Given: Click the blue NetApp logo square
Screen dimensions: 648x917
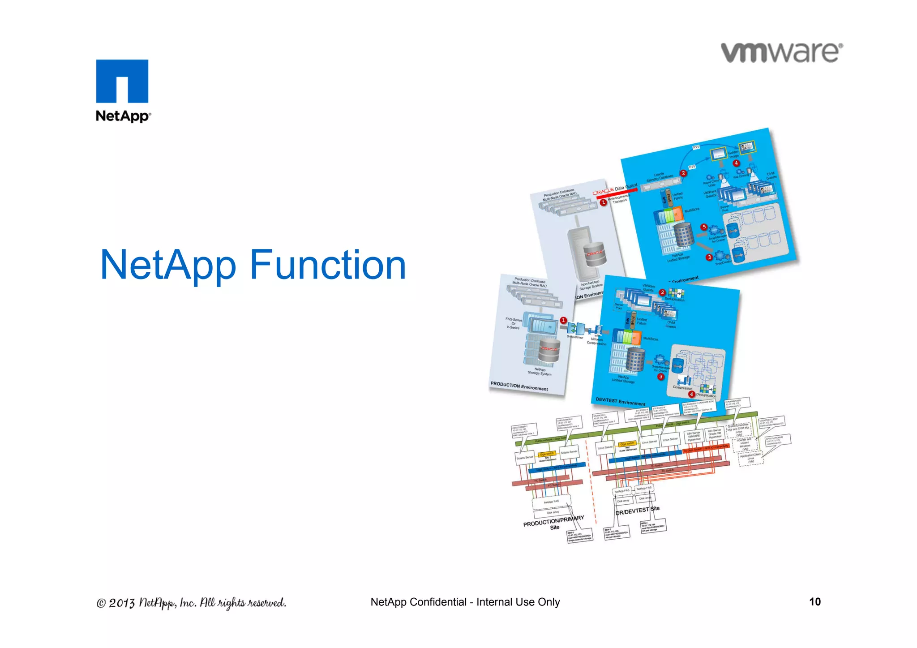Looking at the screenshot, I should [122, 81].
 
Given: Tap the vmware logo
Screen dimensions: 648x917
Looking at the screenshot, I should [782, 53].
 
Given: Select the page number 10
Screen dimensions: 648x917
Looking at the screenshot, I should [814, 601].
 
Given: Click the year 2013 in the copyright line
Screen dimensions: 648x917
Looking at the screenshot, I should [121, 603].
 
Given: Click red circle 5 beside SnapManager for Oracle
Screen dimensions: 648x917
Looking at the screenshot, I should [704, 227].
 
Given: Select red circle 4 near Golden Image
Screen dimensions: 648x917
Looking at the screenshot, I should [736, 163].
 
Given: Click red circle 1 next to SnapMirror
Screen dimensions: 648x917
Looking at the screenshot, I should [563, 320].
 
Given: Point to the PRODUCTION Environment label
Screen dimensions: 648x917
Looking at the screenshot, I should [519, 386].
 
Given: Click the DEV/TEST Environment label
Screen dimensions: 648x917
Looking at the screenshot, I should [620, 401].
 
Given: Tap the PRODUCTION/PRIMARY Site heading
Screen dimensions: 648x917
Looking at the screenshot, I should [554, 523].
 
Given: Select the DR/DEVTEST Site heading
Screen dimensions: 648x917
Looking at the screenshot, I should [637, 511].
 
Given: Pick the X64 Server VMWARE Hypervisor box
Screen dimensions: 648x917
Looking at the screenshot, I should [694, 436].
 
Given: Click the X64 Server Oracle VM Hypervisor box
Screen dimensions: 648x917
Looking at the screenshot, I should [715, 434].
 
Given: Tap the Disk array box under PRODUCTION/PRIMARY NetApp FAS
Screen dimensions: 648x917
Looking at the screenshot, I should [553, 512].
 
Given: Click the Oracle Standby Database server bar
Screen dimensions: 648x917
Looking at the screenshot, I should [660, 184].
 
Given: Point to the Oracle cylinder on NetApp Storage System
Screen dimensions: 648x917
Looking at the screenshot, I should [549, 352].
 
